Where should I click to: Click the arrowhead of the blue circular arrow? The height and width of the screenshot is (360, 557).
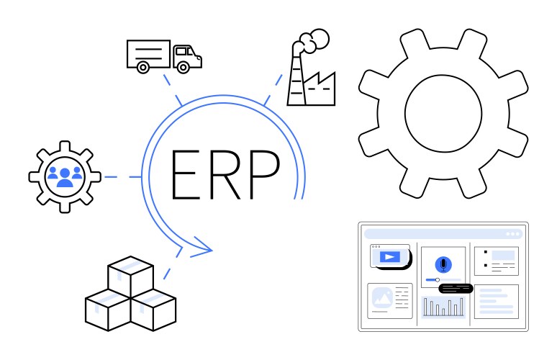201,248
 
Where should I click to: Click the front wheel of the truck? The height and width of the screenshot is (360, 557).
183,67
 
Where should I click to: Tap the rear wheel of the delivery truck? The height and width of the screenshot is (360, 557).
142,67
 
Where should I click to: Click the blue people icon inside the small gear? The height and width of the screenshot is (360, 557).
65,177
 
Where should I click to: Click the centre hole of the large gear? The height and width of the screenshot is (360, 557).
443,113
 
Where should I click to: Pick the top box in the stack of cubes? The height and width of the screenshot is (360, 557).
131,276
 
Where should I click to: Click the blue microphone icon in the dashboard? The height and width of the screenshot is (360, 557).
443,264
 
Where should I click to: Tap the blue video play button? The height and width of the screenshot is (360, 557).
390,256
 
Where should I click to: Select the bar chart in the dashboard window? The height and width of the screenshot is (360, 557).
443,307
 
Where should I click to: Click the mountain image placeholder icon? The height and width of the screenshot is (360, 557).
382,298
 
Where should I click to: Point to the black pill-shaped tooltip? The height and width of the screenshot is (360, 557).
456,288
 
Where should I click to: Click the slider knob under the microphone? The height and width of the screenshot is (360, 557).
438,280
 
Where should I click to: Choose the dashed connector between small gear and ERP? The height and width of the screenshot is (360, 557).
122,177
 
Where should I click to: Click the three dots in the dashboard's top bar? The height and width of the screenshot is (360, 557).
512,234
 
